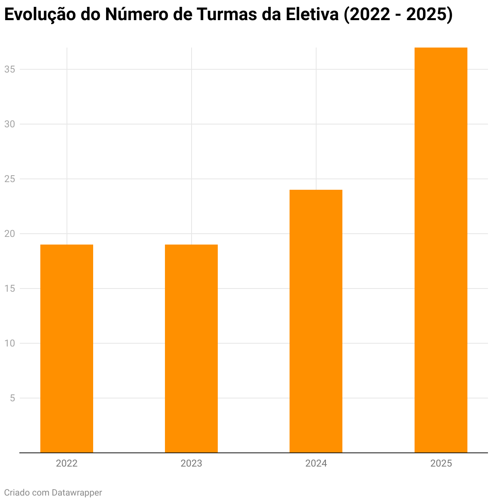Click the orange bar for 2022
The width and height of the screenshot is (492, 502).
[67, 348]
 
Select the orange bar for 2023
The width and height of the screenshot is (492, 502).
[191, 348]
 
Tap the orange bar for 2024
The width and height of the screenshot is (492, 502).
[316, 321]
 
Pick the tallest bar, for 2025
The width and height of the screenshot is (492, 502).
[441, 250]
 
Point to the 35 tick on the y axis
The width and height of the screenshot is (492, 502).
[10, 69]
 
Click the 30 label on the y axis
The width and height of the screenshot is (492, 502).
[10, 124]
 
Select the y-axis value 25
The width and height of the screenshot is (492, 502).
[10, 179]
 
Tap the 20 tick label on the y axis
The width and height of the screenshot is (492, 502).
[10, 234]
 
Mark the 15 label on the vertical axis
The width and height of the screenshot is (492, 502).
[10, 288]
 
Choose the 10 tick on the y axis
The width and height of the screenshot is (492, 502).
[10, 343]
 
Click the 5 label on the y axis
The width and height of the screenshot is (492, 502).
[12, 398]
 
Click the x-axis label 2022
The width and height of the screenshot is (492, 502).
[67, 463]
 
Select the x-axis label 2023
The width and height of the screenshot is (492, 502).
[191, 463]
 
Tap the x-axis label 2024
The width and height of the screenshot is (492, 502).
[316, 463]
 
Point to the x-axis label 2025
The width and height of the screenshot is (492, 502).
[441, 463]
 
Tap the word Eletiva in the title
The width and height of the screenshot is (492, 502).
[312, 15]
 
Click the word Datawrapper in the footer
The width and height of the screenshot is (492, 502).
[77, 492]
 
